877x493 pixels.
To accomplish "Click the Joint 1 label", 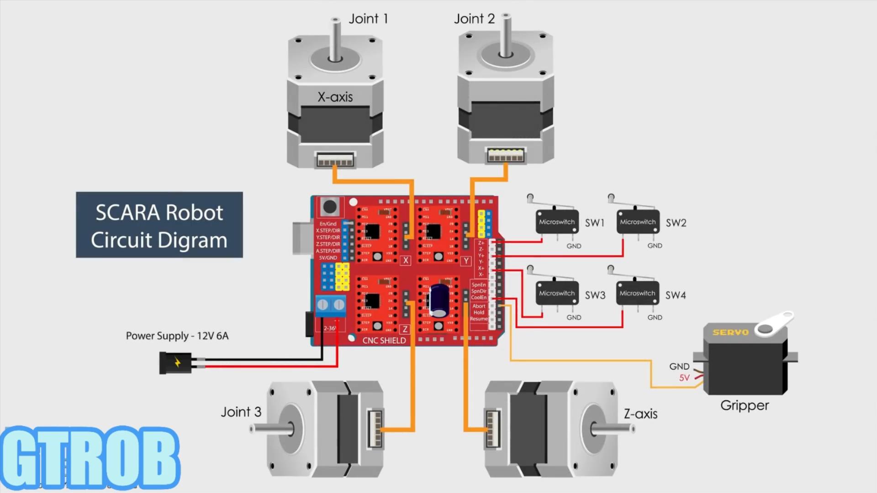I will [368, 19].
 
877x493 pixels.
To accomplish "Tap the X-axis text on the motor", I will [335, 97].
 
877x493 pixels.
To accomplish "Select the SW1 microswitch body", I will [557, 222].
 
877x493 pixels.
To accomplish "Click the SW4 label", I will [676, 295].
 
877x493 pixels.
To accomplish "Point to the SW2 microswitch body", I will [638, 222].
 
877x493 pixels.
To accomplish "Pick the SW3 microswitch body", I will [557, 294].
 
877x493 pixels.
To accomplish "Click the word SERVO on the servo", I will [730, 332].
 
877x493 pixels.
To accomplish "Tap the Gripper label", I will [745, 405].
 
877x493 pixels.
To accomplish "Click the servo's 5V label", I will [684, 378].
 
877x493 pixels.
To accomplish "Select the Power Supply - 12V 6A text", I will [177, 336].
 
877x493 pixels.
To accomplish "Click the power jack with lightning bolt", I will [175, 363].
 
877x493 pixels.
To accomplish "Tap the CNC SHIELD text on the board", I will [384, 341].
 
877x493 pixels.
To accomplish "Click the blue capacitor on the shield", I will [438, 300].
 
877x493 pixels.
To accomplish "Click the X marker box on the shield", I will [405, 261].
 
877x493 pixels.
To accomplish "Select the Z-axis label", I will [640, 414].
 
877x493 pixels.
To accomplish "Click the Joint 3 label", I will [241, 412].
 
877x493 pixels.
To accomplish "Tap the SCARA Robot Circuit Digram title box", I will [159, 225].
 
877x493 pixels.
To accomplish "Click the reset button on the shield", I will [329, 207].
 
